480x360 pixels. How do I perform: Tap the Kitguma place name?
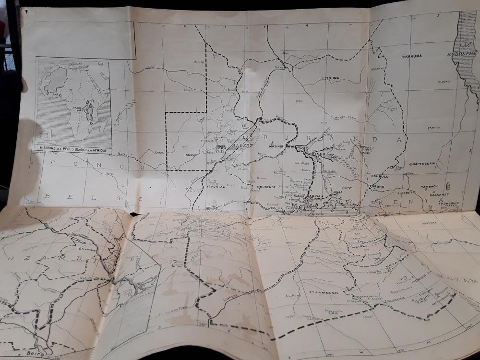pos(332,78)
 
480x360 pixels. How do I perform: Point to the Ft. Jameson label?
pos(322,292)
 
